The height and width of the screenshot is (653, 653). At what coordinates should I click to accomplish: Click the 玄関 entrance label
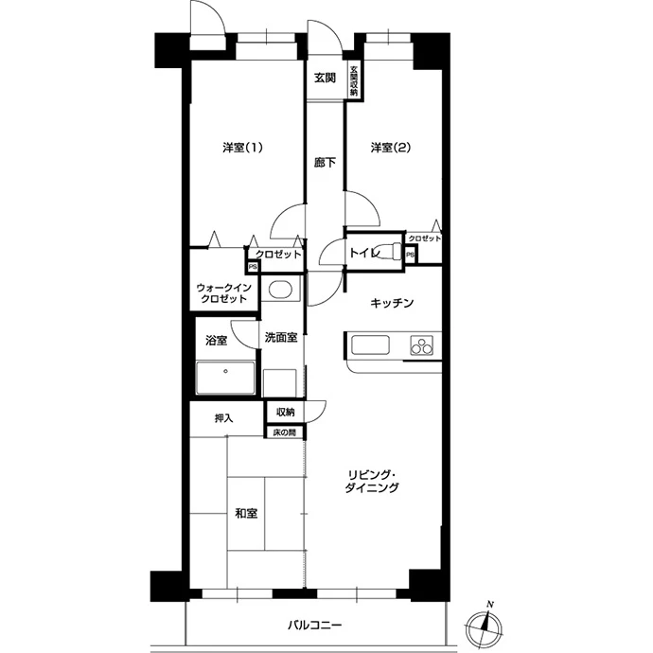pyautogui.click(x=325, y=78)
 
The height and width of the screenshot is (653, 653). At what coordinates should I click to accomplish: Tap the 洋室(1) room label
pyautogui.click(x=242, y=148)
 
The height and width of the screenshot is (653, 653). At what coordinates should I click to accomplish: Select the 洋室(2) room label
pyautogui.click(x=391, y=148)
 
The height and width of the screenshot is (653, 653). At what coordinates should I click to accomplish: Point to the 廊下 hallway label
pyautogui.click(x=325, y=163)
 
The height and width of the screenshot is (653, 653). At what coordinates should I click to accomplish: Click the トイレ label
pyautogui.click(x=364, y=253)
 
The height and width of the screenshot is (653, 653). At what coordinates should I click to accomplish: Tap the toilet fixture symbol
pyautogui.click(x=391, y=252)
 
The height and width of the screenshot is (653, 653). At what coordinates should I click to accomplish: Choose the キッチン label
pyautogui.click(x=392, y=303)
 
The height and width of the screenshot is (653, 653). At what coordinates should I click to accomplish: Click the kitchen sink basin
pyautogui.click(x=370, y=344)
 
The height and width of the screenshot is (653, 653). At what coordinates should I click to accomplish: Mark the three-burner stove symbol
pyautogui.click(x=421, y=344)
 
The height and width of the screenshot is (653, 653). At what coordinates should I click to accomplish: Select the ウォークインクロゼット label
pyautogui.click(x=223, y=293)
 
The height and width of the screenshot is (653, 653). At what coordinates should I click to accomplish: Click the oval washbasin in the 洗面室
pyautogui.click(x=280, y=290)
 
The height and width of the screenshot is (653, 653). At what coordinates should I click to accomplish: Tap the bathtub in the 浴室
pyautogui.click(x=225, y=378)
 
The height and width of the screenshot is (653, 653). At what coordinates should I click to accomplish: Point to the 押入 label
pyautogui.click(x=223, y=418)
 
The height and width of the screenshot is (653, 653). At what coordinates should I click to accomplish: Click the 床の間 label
pyautogui.click(x=285, y=432)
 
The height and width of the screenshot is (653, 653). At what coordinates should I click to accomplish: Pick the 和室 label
pyautogui.click(x=247, y=513)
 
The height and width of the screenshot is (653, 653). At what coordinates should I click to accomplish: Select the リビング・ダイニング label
pyautogui.click(x=372, y=481)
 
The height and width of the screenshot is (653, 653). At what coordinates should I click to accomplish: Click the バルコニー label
pyautogui.click(x=315, y=625)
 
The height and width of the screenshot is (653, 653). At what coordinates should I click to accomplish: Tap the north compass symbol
pyautogui.click(x=484, y=625)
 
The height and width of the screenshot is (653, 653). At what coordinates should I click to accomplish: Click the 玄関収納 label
pyautogui.click(x=354, y=80)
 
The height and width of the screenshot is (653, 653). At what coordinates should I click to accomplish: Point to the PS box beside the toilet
pyautogui.click(x=410, y=255)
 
